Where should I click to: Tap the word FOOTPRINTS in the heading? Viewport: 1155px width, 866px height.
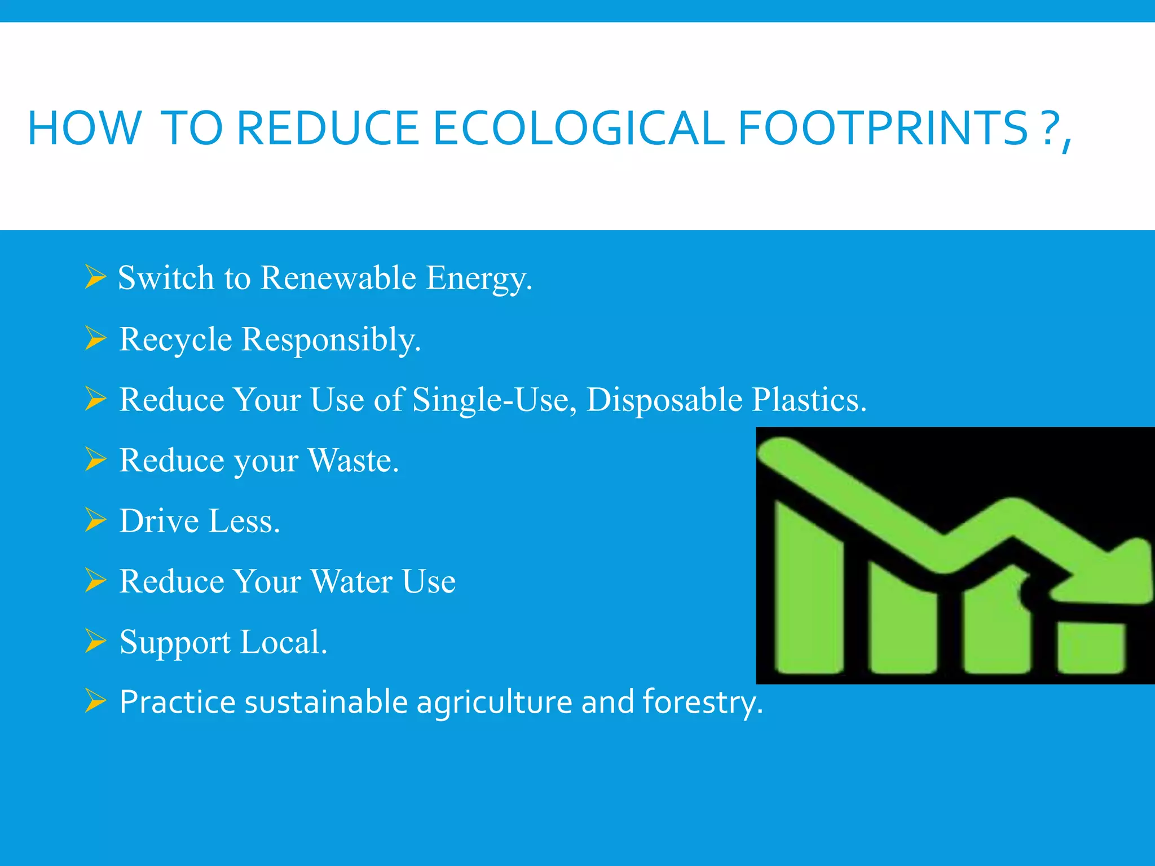click(883, 129)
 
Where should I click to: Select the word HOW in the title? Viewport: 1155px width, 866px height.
click(85, 129)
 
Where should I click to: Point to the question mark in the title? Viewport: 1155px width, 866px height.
click(1049, 129)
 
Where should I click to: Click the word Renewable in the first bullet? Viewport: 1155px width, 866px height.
click(338, 278)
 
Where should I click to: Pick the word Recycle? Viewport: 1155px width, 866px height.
click(175, 339)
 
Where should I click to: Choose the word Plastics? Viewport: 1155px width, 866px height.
click(809, 400)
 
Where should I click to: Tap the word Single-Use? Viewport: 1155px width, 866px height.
click(495, 400)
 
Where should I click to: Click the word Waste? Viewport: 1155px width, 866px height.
click(354, 461)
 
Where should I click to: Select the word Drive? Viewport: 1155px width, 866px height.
click(159, 521)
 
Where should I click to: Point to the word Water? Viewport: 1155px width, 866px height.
click(351, 581)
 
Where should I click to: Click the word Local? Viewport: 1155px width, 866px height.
click(283, 642)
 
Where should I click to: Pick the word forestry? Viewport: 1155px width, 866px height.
click(702, 702)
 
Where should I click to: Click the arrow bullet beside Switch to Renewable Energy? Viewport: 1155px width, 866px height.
click(95, 277)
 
